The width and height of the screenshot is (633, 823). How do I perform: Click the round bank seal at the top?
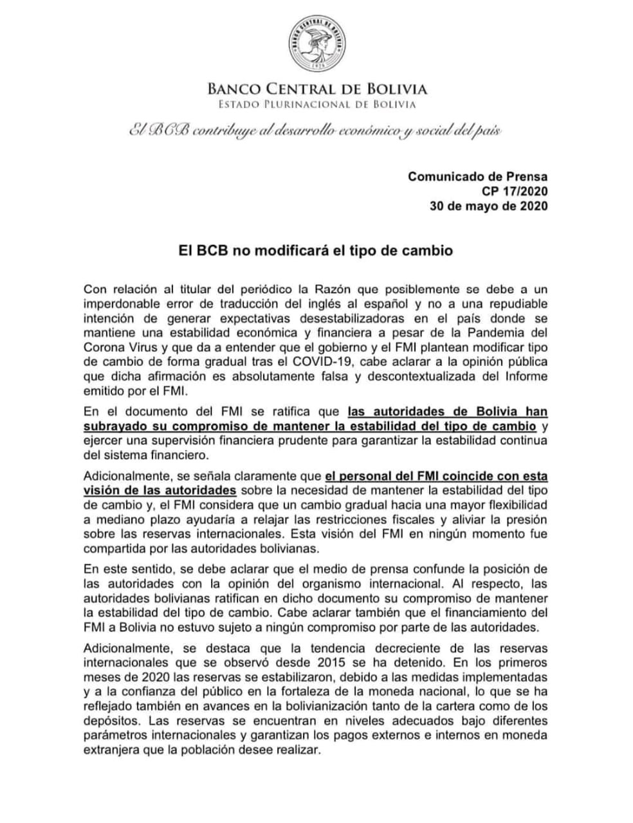click(x=316, y=43)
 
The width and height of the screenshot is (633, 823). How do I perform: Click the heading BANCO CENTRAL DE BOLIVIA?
click(x=316, y=89)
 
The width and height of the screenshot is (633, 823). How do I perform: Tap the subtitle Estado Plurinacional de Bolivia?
click(x=316, y=104)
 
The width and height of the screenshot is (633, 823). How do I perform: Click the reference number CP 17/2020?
click(x=515, y=191)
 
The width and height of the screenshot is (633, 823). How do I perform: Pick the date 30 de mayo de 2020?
click(x=489, y=206)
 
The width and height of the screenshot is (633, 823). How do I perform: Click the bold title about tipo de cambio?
click(x=315, y=250)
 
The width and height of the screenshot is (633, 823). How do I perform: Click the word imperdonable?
click(x=122, y=303)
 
